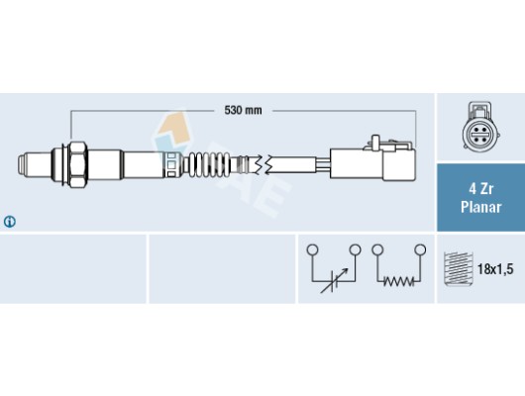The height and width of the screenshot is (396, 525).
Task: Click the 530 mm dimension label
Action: (243, 110)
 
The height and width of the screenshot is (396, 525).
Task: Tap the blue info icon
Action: (10, 222)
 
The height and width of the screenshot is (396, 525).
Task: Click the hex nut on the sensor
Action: (77, 164)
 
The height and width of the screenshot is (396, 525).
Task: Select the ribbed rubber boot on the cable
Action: (207, 164)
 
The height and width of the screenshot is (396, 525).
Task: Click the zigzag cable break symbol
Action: (262, 164)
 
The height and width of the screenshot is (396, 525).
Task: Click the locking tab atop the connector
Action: (375, 142)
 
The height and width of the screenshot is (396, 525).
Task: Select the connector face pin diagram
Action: (480, 127)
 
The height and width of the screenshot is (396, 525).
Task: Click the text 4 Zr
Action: (480, 189)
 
